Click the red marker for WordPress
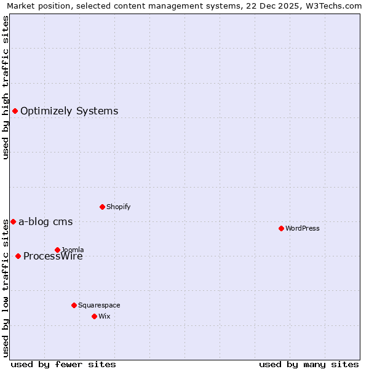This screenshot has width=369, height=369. click(x=281, y=228)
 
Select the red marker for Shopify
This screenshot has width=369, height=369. click(x=102, y=207)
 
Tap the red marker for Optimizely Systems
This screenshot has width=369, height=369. click(x=15, y=111)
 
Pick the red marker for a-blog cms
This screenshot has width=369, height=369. click(x=13, y=221)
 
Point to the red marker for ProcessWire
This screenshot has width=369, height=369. click(x=18, y=256)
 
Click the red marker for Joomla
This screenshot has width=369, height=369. click(x=57, y=250)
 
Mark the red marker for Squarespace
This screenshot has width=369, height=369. click(x=74, y=305)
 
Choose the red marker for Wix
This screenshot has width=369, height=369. click(x=94, y=316)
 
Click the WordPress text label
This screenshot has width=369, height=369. click(x=303, y=228)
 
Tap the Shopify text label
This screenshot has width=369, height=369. click(x=119, y=207)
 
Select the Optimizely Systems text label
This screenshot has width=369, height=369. click(x=69, y=111)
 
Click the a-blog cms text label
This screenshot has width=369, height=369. click(x=46, y=221)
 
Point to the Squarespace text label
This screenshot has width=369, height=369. click(x=99, y=305)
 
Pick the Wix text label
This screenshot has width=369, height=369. click(x=104, y=316)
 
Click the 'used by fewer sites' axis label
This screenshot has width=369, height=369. click(x=63, y=364)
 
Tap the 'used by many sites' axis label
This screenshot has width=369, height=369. click(x=309, y=364)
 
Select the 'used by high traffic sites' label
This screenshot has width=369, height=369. click(x=6, y=87)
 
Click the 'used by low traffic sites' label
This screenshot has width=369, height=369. click(x=6, y=287)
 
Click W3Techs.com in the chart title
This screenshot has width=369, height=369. click(x=331, y=6)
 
